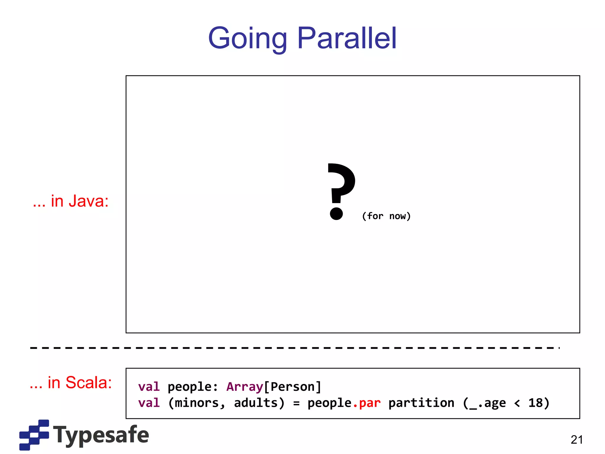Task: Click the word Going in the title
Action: (x=248, y=38)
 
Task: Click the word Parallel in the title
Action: (x=347, y=38)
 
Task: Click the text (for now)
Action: (x=386, y=216)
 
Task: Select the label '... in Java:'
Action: (x=71, y=201)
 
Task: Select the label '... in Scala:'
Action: (x=71, y=383)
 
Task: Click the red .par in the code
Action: (x=366, y=403)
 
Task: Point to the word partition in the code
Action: (x=421, y=403)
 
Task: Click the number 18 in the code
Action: (x=536, y=403)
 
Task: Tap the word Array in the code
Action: (x=245, y=387)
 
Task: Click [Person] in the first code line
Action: (x=292, y=387)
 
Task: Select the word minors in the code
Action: (x=197, y=403)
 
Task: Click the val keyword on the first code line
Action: (x=149, y=387)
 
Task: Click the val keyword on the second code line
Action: (x=149, y=403)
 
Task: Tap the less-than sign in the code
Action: (x=517, y=403)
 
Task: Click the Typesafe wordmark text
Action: (x=101, y=435)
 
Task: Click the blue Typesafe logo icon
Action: (x=34, y=434)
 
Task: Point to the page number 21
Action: (x=577, y=440)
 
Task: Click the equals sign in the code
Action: (x=296, y=403)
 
